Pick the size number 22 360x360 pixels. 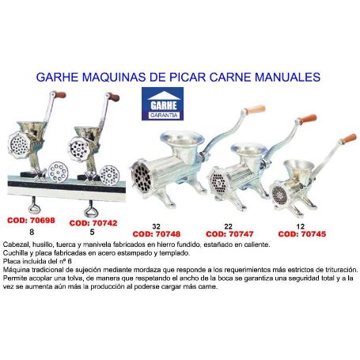click(227, 225)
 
